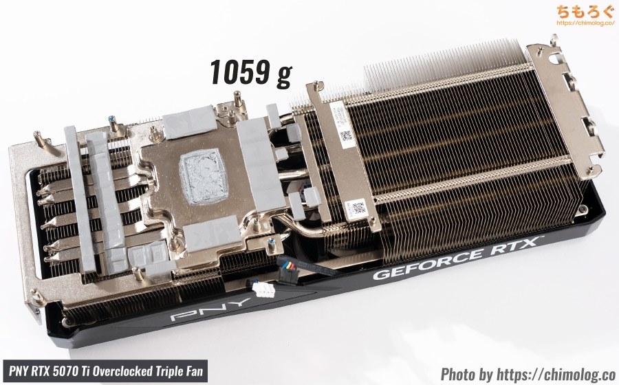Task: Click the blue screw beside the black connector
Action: [274, 242]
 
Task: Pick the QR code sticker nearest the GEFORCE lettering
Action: [357, 208]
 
